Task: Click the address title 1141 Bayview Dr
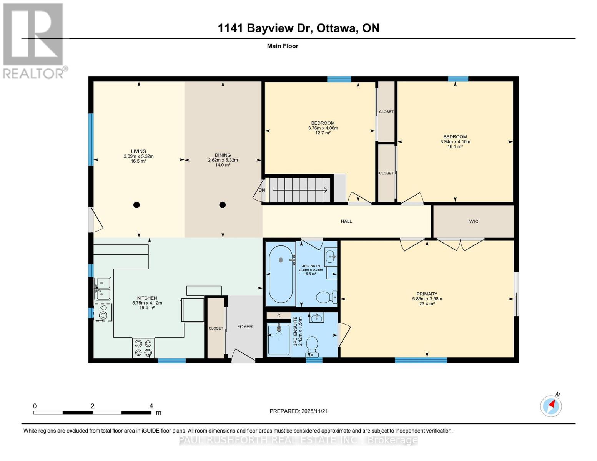(298, 28)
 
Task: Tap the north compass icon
(551, 406)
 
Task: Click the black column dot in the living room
(136, 205)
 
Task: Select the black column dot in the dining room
(222, 205)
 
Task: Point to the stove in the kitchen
(143, 348)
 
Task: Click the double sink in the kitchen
(103, 289)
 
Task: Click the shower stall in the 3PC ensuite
(279, 339)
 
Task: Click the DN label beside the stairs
(262, 190)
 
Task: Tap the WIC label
(474, 221)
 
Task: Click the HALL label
(346, 221)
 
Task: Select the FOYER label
(245, 327)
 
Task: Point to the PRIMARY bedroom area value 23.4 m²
(427, 303)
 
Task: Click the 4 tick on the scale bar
(151, 406)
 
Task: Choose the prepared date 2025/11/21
(299, 411)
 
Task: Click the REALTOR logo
(34, 40)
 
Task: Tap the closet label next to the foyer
(216, 328)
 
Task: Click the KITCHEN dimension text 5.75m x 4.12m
(147, 303)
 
